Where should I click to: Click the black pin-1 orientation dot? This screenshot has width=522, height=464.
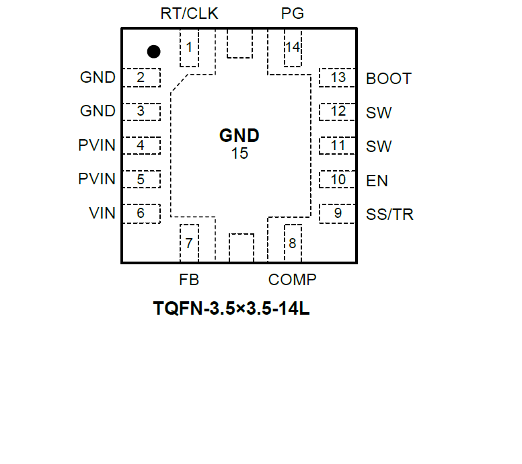154,51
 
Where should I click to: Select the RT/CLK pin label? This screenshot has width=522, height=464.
190,13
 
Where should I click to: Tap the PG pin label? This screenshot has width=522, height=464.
293,13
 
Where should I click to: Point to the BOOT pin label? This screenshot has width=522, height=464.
388,79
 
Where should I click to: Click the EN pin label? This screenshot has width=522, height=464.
377,181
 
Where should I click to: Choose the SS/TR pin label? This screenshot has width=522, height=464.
389,215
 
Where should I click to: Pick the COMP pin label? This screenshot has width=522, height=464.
292,280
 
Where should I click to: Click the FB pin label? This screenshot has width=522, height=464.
189,280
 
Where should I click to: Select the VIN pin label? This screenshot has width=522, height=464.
102,214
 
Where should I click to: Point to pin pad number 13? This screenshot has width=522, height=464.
338,77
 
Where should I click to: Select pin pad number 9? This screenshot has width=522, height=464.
338,214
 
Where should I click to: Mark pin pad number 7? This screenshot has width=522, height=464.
190,243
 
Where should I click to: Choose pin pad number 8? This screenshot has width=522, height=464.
293,243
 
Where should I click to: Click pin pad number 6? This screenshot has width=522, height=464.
141,214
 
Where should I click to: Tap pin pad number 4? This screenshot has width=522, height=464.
141,145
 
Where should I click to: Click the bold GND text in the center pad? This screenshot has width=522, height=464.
239,136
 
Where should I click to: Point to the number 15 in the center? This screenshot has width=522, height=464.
239,153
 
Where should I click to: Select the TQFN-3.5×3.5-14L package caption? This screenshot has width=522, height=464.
231,310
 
